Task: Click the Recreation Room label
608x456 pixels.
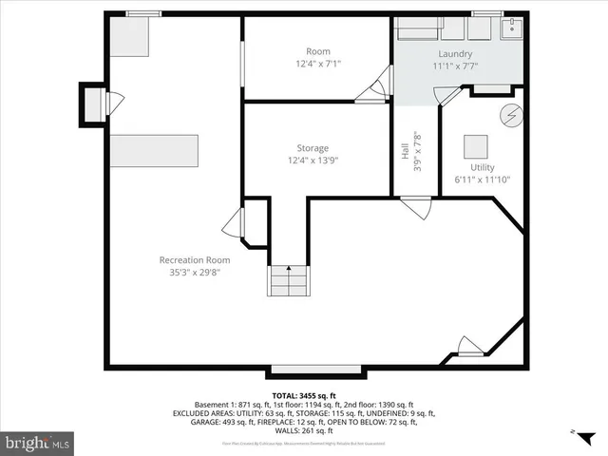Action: [194, 260]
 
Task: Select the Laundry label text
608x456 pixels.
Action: [455, 54]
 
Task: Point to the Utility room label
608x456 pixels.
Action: [469, 167]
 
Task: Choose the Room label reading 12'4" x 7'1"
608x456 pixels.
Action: [317, 64]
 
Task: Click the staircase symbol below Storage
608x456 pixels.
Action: [289, 282]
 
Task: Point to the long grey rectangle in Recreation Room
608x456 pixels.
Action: [154, 150]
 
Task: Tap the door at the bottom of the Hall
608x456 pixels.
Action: [413, 205]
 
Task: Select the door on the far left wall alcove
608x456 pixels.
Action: [114, 103]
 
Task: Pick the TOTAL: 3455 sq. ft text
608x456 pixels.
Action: [304, 395]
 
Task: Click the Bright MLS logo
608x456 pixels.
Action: [38, 443]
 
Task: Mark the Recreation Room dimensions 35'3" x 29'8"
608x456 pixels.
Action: [194, 273]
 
